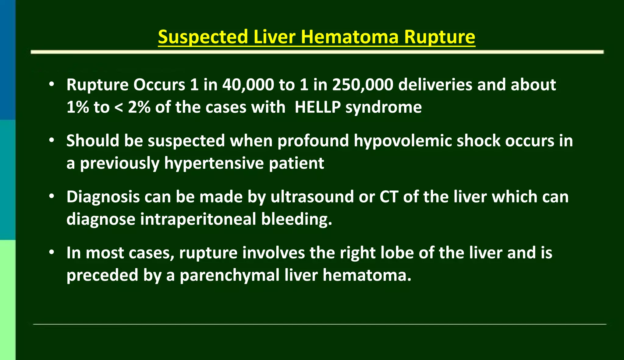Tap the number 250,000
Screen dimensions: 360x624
[x=363, y=85]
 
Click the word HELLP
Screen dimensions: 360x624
[x=317, y=107]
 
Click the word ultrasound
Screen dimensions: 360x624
[x=312, y=197]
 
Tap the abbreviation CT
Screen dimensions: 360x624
[x=389, y=197]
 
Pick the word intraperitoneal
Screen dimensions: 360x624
[x=198, y=219]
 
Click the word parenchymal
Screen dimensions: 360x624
[x=230, y=275]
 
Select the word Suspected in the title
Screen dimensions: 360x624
[x=203, y=37]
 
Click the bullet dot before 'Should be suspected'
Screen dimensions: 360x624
[x=52, y=140]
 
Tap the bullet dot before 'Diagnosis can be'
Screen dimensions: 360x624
[x=52, y=196]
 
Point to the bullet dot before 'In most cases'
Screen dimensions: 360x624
[x=52, y=252]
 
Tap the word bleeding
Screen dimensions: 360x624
[x=296, y=219]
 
